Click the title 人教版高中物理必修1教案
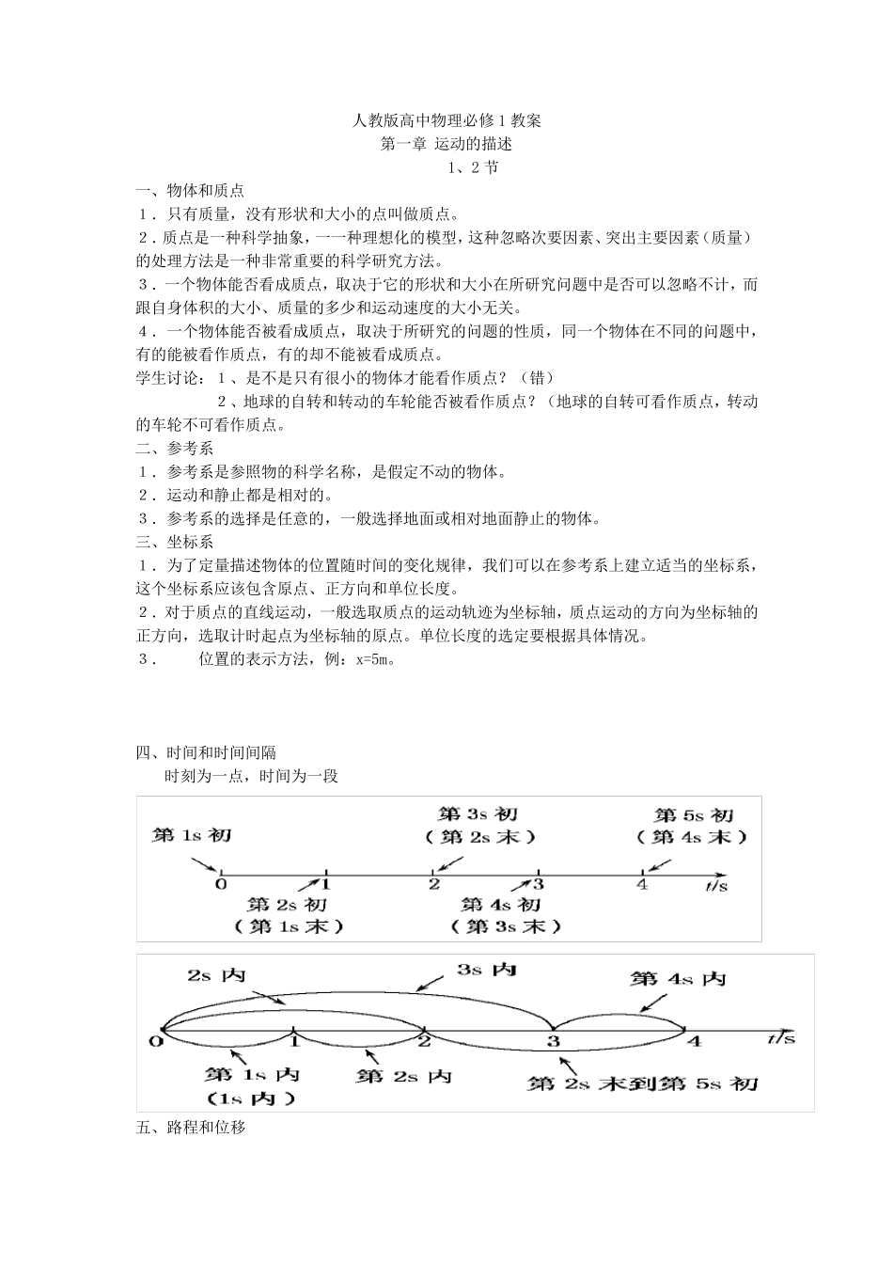pos(446,120)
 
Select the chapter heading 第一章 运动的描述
pos(446,144)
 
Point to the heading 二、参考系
pos(176,449)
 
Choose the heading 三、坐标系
pos(176,542)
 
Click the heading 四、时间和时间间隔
pos(206,752)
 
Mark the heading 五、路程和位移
pos(191,1127)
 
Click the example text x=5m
pos(373,659)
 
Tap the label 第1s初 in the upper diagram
pos(192,834)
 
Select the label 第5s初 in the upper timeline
pos(694,815)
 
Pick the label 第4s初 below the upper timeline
pos(501,905)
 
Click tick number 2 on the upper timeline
pos(433,884)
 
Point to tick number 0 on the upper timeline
pos(221,884)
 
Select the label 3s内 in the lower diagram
pos(486,969)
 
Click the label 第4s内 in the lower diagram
pos(679,979)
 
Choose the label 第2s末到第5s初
pos(643,1083)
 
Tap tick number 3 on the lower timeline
pos(554,1041)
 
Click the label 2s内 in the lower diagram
pos(216,975)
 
